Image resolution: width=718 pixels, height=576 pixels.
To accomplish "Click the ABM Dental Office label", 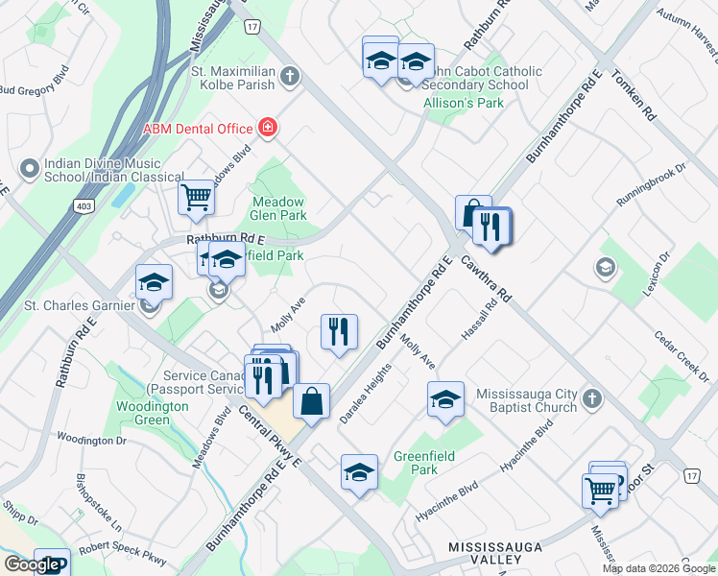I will [197, 130].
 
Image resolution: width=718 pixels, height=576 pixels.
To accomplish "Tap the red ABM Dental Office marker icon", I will [268, 129].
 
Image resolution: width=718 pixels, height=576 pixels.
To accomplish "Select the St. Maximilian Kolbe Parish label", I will [233, 78].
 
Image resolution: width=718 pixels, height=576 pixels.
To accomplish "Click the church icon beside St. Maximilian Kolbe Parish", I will [288, 73].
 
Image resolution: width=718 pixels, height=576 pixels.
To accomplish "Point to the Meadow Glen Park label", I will [278, 208].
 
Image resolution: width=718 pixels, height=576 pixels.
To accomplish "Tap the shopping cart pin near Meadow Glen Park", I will [197, 198].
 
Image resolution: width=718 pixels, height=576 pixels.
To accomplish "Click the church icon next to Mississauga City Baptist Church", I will [593, 398].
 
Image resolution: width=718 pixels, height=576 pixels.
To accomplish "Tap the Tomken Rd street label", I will [634, 98].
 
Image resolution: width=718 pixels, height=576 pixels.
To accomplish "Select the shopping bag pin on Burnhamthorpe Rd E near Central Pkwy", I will [312, 400].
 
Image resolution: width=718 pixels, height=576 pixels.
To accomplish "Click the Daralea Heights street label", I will [366, 395].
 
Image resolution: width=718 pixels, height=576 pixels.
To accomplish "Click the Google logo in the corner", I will [31, 564].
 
